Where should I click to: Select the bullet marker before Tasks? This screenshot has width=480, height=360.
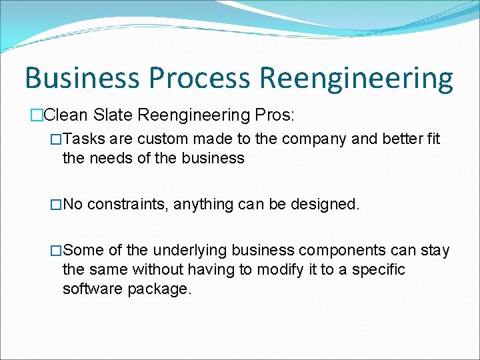[x=57, y=140]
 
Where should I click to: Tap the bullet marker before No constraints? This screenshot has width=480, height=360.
[x=57, y=204]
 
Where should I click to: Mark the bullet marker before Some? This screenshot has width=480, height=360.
[x=57, y=251]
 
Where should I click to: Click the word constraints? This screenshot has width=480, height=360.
[x=127, y=204]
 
